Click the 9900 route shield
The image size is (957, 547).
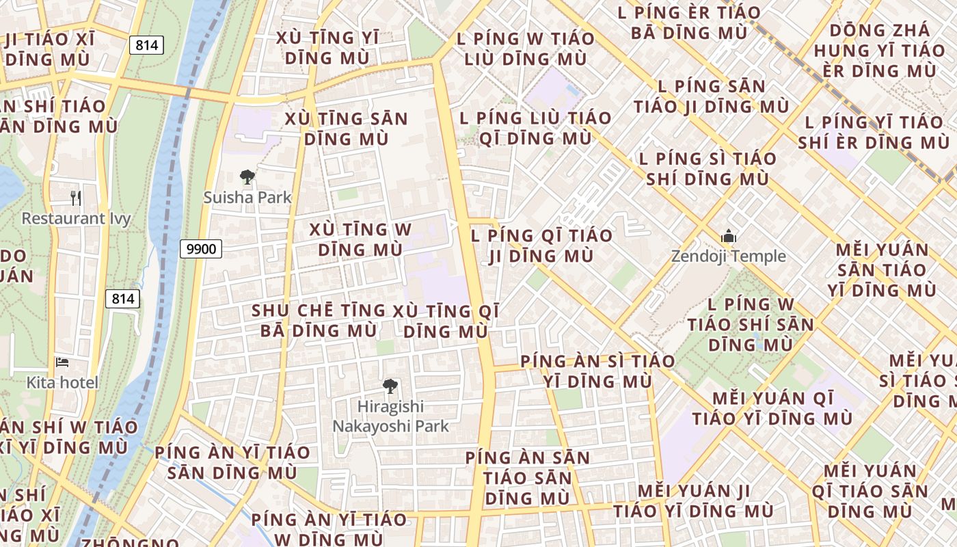[202, 249]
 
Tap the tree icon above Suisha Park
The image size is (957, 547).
[247, 178]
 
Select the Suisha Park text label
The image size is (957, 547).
[247, 198]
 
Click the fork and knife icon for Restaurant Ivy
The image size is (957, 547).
[76, 198]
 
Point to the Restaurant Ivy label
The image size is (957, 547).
[76, 219]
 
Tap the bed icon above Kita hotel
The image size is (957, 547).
[62, 362]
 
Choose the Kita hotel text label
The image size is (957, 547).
[62, 382]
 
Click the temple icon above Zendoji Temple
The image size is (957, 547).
[728, 237]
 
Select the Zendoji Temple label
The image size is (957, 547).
[728, 256]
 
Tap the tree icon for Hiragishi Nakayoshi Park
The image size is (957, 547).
[390, 386]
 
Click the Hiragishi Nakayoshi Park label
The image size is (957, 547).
[390, 416]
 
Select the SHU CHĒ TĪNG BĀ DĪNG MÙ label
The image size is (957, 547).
[319, 321]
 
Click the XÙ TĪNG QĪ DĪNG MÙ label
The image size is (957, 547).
[446, 321]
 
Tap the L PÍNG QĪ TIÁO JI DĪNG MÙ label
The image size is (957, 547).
[541, 245]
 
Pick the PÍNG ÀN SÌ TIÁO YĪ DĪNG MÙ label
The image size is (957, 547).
[597, 371]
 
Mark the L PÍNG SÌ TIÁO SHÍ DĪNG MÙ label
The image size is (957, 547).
[707, 169]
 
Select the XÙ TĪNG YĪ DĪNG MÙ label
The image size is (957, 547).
[327, 47]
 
